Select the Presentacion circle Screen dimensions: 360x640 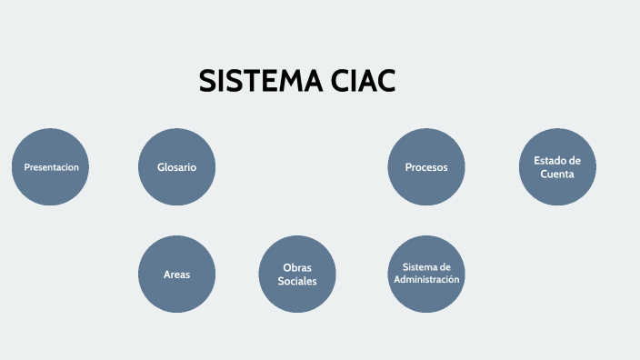(x=51, y=167)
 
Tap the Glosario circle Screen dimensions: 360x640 (x=176, y=167)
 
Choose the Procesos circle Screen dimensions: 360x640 (x=426, y=167)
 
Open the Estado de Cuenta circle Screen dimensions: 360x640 (x=557, y=167)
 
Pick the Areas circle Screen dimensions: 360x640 (x=176, y=274)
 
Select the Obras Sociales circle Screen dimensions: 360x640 (x=297, y=274)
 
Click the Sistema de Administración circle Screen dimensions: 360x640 (x=426, y=274)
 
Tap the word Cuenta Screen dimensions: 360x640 (x=557, y=174)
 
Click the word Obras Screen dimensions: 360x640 (x=297, y=267)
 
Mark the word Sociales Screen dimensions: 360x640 (x=297, y=281)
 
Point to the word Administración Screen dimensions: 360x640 (x=426, y=279)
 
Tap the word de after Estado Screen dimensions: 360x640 (x=575, y=161)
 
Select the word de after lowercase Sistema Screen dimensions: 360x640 (x=445, y=267)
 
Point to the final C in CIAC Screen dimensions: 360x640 (x=385, y=82)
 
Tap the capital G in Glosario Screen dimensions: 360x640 (x=161, y=167)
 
